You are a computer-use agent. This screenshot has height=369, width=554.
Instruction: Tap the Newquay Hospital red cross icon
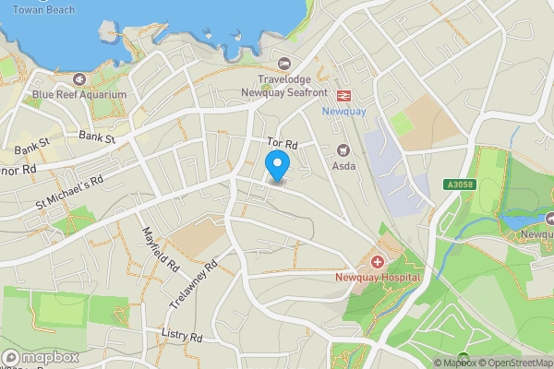(378, 263)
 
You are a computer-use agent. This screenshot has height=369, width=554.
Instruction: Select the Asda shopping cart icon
(344, 150)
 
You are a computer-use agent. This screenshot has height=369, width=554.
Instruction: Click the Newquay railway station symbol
(343, 95)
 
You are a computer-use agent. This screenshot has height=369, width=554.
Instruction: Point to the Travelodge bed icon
(283, 65)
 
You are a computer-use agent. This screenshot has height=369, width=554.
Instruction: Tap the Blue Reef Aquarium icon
(79, 79)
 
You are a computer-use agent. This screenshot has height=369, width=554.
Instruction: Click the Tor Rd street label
(283, 144)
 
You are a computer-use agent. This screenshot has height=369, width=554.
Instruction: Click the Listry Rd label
(180, 337)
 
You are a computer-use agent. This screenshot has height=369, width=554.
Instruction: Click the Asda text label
(343, 166)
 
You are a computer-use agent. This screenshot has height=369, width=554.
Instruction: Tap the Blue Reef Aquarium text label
(78, 94)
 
